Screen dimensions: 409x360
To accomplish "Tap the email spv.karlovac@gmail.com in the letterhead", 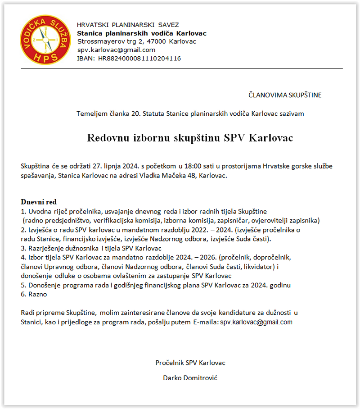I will pos(116,50).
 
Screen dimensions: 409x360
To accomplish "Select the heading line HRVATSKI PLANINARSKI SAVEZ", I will pos(128,25).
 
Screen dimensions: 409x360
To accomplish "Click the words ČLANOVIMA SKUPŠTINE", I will pos(285,95).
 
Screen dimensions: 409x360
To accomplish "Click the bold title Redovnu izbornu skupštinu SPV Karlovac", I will pos(190,138).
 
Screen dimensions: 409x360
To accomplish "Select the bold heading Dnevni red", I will pos(39,202).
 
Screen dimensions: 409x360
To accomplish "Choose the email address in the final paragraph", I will pos(256,322).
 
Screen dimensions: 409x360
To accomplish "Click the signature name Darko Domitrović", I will pos(190,377).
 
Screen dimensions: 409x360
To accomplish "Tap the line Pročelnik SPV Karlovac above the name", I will pos(190,363).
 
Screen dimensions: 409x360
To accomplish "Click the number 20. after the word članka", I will pos(136,114).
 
